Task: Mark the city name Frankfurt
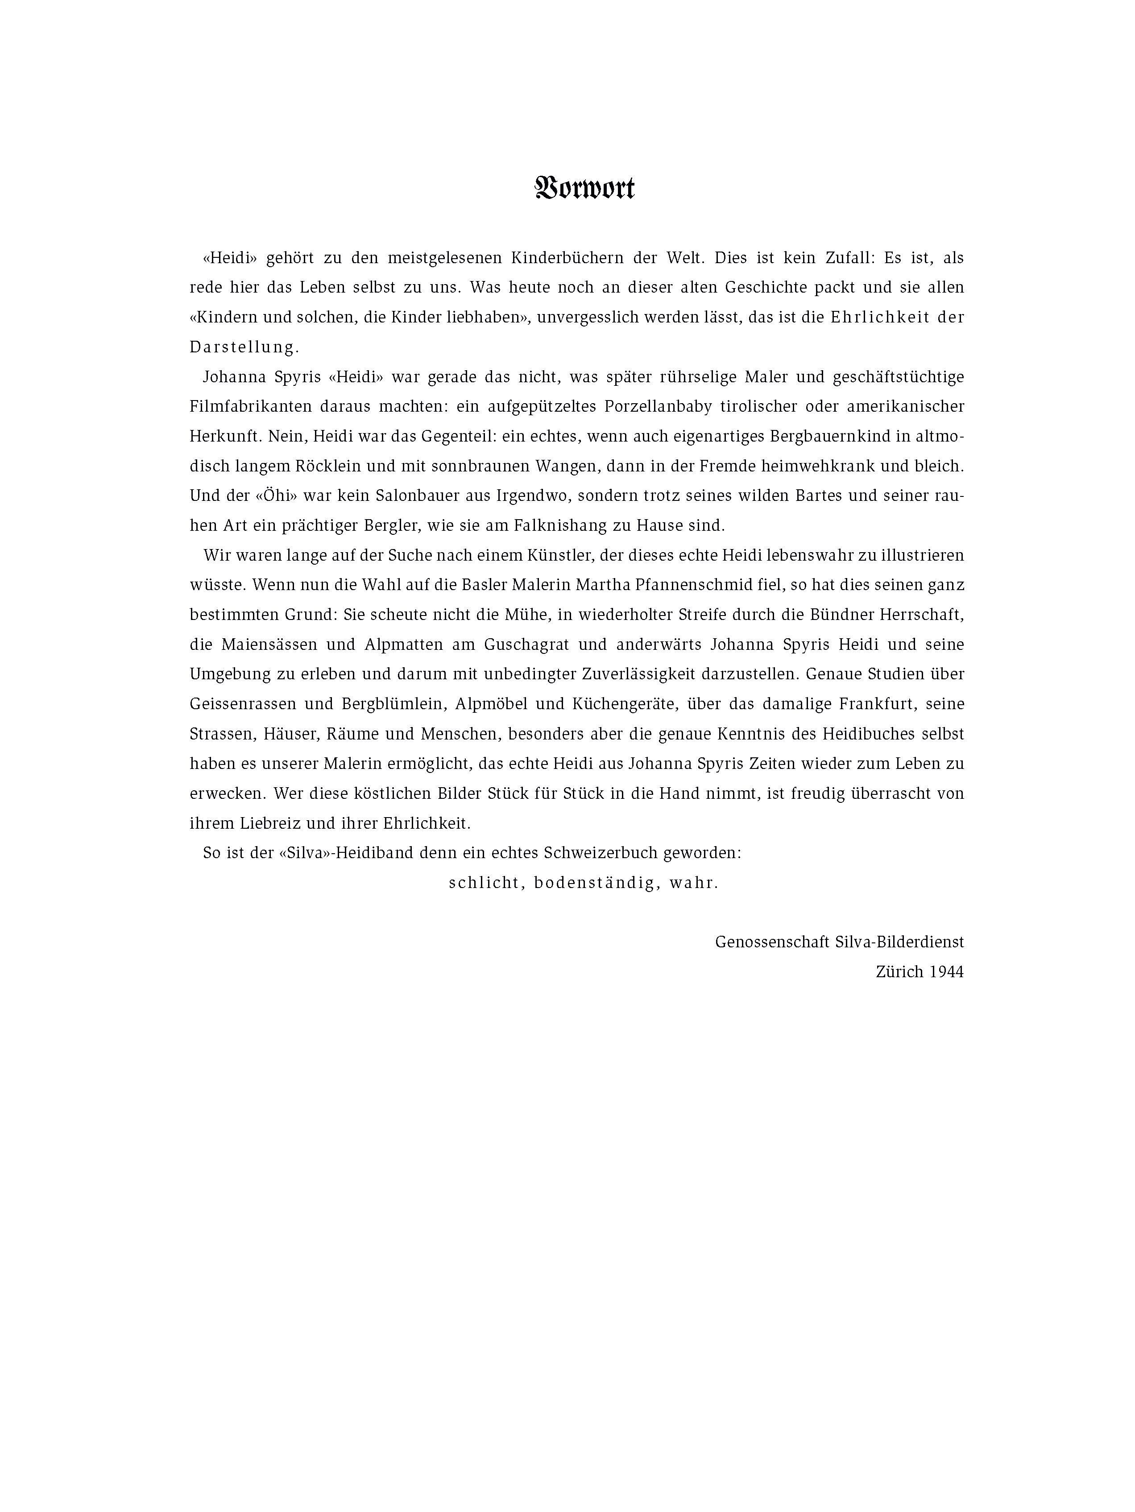pos(879,704)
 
